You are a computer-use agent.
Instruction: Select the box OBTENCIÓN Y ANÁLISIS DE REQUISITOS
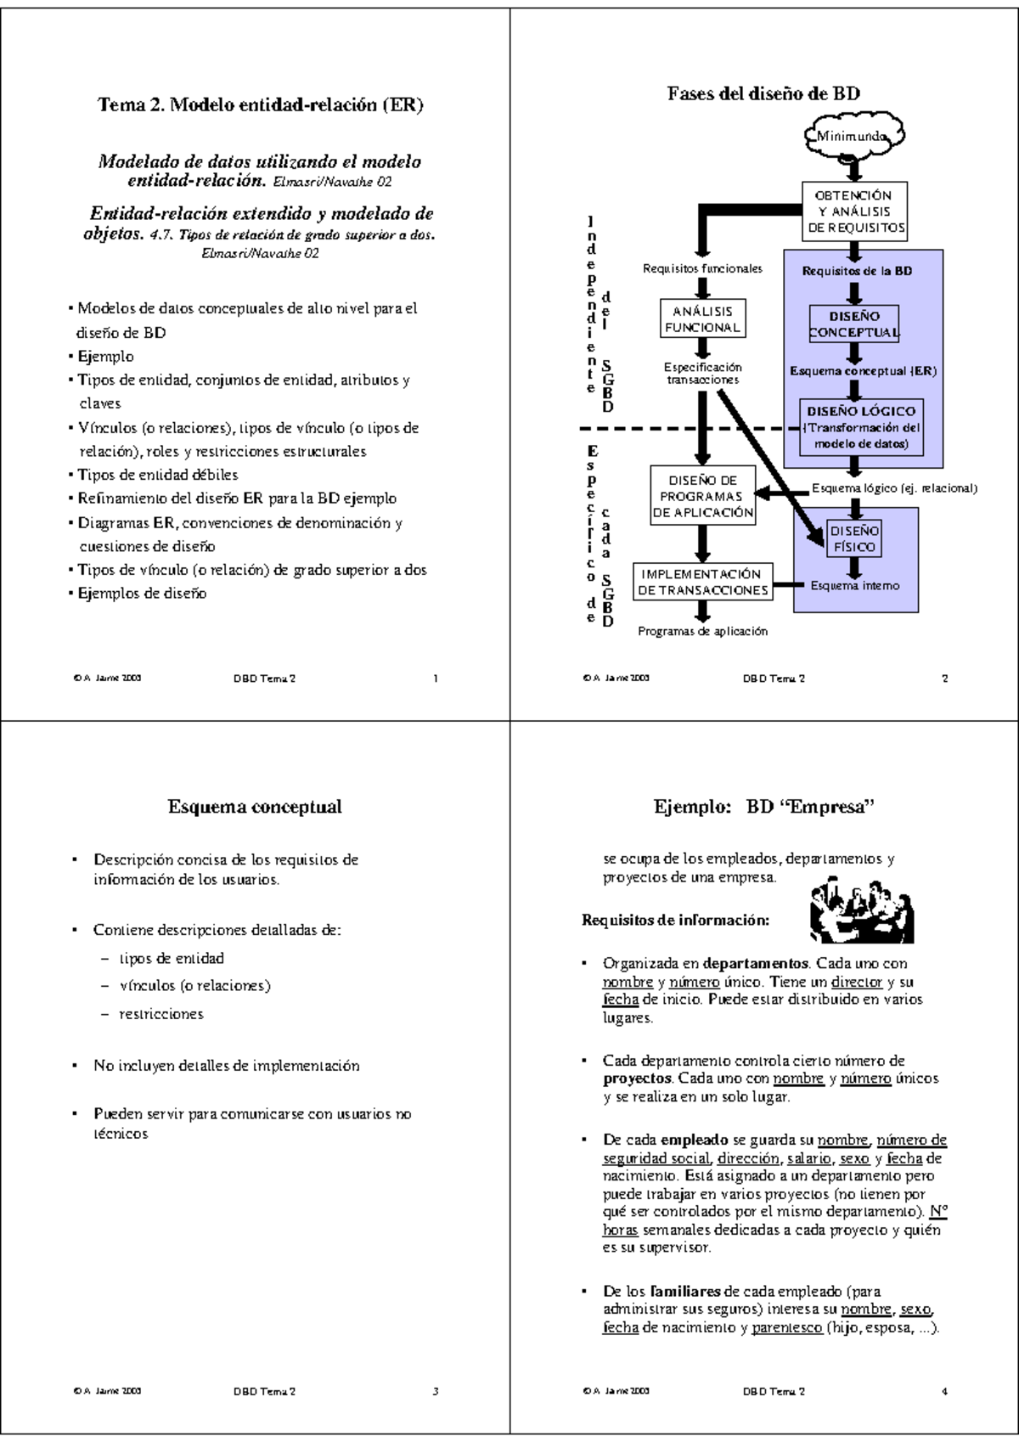click(855, 211)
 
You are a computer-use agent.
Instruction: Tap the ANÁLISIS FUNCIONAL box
click(702, 318)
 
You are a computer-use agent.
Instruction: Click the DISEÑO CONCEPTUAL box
click(854, 324)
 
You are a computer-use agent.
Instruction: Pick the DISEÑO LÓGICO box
click(860, 426)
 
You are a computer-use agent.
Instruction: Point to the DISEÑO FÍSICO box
click(854, 538)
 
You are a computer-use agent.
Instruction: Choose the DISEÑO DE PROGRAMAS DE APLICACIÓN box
click(702, 496)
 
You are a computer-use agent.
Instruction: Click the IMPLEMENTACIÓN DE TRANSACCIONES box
click(702, 582)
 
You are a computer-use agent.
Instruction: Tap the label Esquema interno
click(854, 585)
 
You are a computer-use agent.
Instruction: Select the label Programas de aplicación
click(702, 631)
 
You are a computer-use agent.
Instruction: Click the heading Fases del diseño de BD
click(763, 93)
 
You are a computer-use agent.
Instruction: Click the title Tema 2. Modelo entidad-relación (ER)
click(261, 104)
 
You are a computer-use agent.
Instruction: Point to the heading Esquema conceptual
click(255, 806)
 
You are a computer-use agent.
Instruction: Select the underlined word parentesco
click(786, 1327)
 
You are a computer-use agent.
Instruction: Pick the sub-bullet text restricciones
click(160, 1013)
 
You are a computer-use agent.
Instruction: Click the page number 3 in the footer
click(436, 1391)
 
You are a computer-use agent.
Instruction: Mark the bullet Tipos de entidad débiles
click(157, 475)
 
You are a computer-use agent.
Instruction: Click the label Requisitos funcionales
click(702, 268)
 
